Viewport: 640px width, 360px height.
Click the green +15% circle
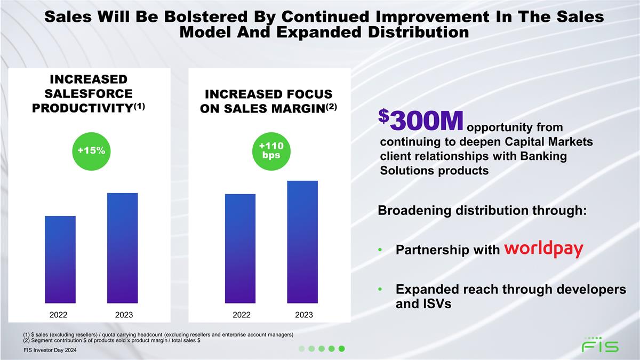(x=90, y=151)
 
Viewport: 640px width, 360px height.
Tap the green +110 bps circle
(x=271, y=151)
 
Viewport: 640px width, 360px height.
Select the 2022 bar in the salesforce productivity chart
(x=60, y=259)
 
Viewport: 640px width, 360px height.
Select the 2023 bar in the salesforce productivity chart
(x=122, y=248)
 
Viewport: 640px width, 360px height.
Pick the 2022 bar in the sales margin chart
(x=240, y=249)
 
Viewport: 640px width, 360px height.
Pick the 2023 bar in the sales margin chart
(x=302, y=242)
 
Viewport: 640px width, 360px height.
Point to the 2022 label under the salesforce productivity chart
(x=60, y=315)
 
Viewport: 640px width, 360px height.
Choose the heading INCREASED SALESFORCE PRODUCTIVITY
(x=89, y=94)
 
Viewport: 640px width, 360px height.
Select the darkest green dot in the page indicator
(x=342, y=349)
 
